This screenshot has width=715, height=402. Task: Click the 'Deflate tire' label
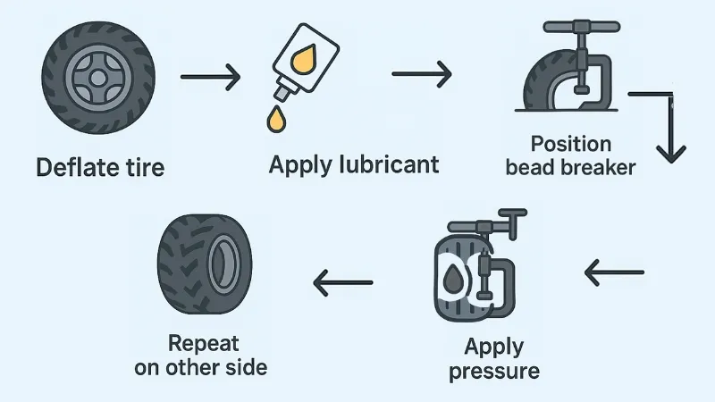100,167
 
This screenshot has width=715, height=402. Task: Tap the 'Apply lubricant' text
355,165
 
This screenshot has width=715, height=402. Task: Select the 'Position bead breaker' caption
571,156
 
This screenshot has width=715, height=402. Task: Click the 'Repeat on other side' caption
201,355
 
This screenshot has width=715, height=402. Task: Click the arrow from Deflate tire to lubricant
211,77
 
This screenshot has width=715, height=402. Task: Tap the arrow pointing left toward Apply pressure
614,270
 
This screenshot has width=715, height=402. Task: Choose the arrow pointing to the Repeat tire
343,282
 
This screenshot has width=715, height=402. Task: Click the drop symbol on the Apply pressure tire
455,274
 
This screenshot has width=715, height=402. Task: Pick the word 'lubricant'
391,165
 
